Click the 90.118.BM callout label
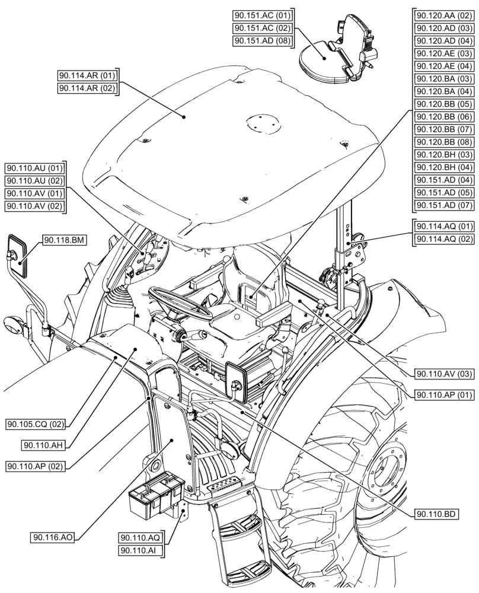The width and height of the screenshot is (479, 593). coord(63,240)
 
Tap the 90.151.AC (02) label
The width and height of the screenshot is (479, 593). coord(263,28)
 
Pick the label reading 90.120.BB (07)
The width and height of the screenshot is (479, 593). coord(444,129)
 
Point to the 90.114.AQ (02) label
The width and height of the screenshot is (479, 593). coord(444,239)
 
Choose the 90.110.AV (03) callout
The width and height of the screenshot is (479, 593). coord(444,373)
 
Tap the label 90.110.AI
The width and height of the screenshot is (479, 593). coord(140,551)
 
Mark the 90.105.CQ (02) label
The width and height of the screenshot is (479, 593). coord(36,425)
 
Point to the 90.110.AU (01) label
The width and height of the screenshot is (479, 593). coord(36,167)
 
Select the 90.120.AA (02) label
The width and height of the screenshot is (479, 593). coord(444,16)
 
